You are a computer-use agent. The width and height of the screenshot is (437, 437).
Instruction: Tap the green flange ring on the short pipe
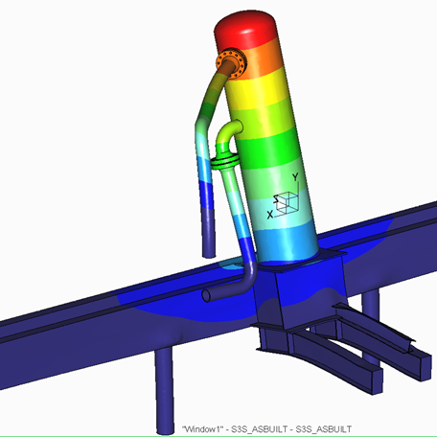tap(224, 161)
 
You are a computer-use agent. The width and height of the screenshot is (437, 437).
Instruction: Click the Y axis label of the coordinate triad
tap(296, 177)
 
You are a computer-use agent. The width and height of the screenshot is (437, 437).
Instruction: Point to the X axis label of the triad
tap(270, 215)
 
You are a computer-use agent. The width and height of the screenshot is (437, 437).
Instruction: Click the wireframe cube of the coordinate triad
tap(287, 202)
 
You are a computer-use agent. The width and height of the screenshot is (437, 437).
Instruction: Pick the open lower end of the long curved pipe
tap(209, 255)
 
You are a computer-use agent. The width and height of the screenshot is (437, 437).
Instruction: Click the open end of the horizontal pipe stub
tap(207, 295)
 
